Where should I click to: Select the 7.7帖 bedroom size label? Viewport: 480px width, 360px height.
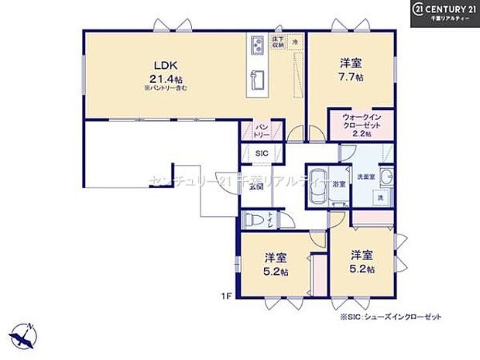pyautogui.click(x=351, y=77)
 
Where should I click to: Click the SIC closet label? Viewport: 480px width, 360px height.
pyautogui.click(x=262, y=153)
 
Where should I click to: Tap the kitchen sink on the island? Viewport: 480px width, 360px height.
pyautogui.click(x=257, y=80)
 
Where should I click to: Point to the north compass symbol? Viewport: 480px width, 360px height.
pyautogui.click(x=23, y=335)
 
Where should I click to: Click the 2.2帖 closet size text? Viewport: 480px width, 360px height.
pyautogui.click(x=362, y=134)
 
